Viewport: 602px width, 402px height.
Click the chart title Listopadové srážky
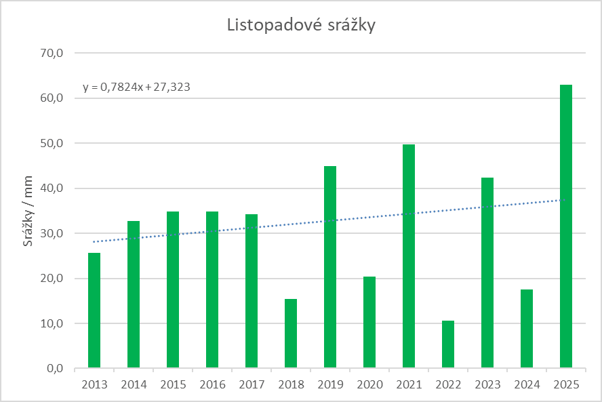(301, 26)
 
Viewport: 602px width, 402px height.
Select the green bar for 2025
(566, 226)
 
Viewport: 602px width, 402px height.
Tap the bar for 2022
(448, 344)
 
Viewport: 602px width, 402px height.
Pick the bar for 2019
(330, 267)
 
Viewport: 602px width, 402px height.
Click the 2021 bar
(409, 256)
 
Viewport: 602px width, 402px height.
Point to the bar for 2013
(94, 310)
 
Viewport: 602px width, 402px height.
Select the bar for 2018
(291, 334)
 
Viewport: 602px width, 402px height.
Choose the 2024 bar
(527, 329)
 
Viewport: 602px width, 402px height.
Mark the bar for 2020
(369, 323)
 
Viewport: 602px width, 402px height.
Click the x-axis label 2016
(212, 385)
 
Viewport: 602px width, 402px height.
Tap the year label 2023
(487, 385)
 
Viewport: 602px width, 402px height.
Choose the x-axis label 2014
(134, 385)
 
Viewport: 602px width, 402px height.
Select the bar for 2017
(252, 292)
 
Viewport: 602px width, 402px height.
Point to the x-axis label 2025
(566, 385)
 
